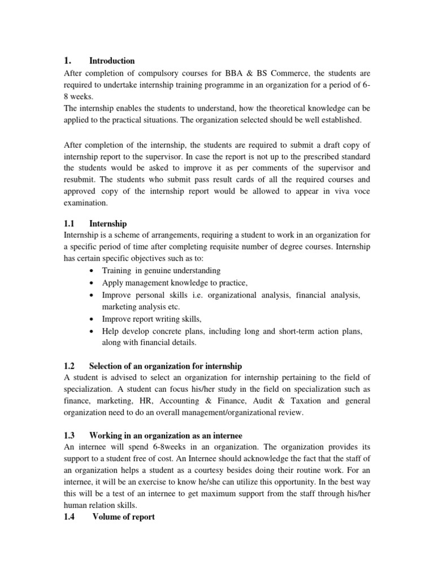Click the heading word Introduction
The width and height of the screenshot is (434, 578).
point(112,61)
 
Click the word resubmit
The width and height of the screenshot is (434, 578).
point(79,179)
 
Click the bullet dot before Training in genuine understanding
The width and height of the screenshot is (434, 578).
point(92,272)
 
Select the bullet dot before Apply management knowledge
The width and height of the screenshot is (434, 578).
point(92,283)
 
